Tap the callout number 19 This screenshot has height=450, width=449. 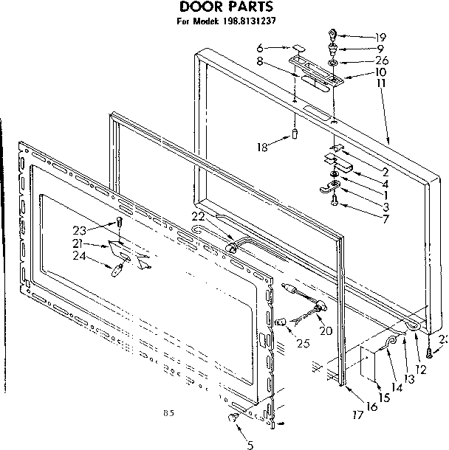380,36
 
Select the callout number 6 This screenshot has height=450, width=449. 260,49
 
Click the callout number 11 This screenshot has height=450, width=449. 381,84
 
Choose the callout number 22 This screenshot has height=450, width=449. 196,215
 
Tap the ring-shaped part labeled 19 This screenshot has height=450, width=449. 333,33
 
